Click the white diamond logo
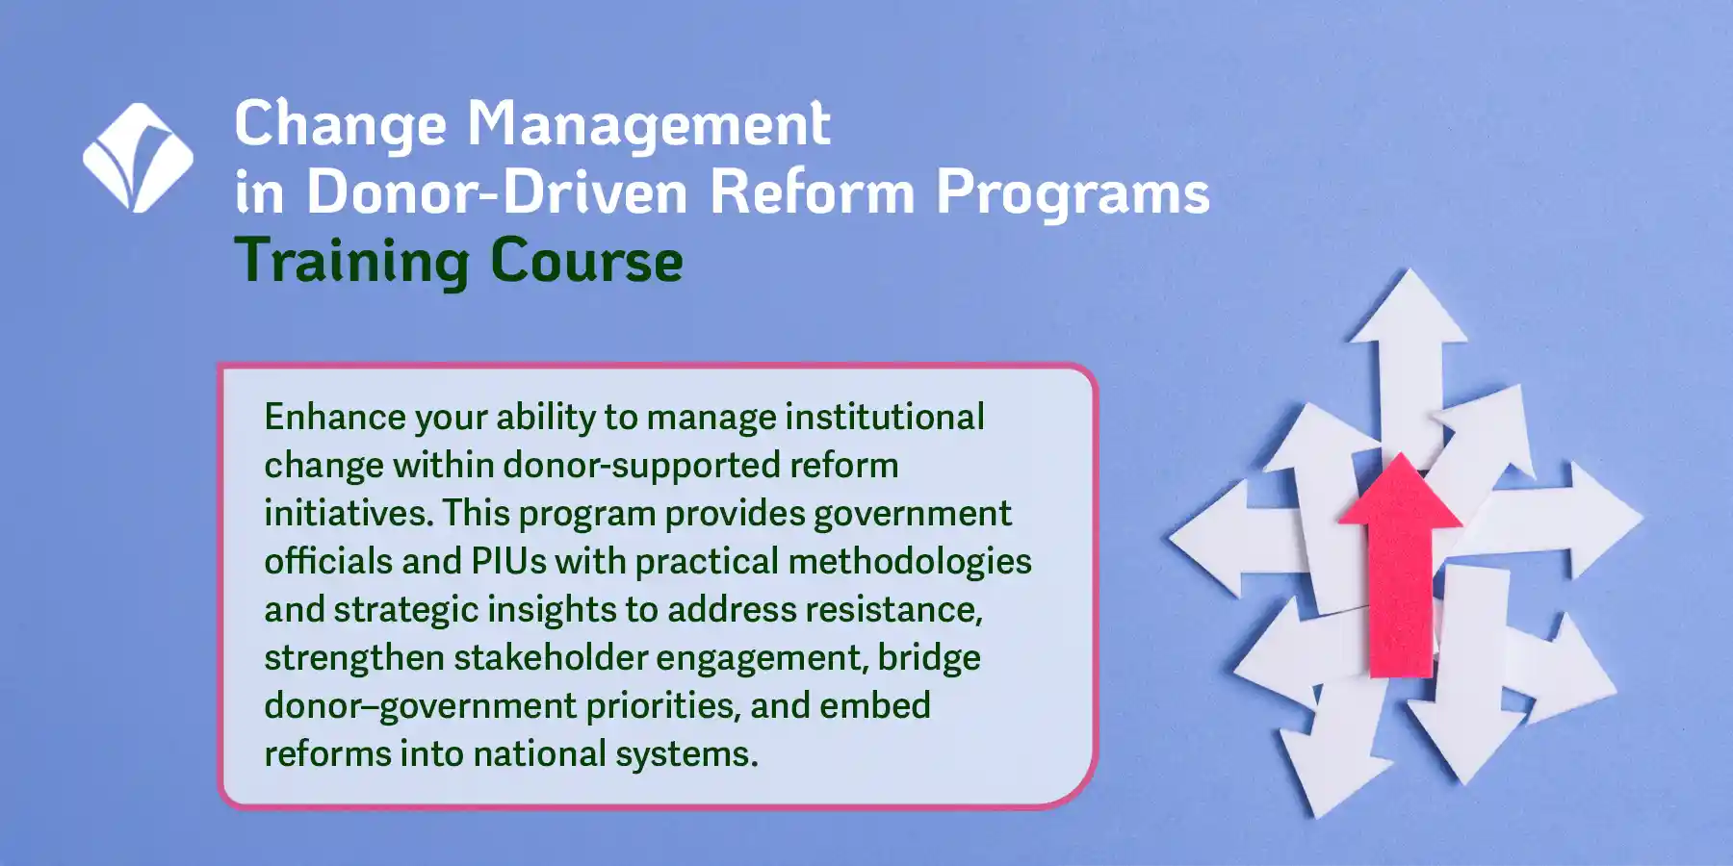138,158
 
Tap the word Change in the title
341,126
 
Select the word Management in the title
649,126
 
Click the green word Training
351,263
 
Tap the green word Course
586,261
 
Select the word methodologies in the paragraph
910,561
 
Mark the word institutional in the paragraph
885,417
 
